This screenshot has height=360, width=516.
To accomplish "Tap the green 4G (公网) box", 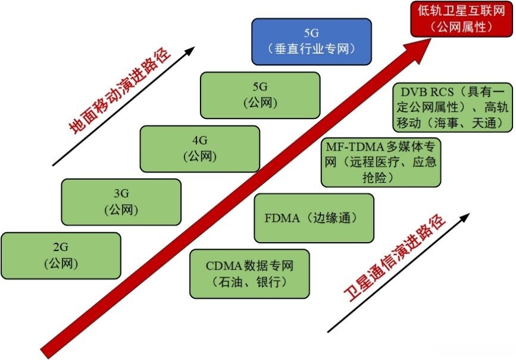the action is (x=199, y=148).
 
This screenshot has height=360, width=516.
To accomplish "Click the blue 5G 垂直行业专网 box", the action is (x=311, y=41).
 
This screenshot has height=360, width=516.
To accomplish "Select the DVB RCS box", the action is (x=453, y=107).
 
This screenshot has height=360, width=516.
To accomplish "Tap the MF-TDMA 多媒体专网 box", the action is (x=381, y=161).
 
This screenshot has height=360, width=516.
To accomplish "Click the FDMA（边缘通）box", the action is (x=314, y=218).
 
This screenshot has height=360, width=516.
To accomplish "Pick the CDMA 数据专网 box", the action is (x=250, y=274).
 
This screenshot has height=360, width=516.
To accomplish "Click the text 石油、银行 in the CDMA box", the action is (x=250, y=283).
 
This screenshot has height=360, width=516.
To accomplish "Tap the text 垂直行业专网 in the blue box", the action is (x=311, y=49).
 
